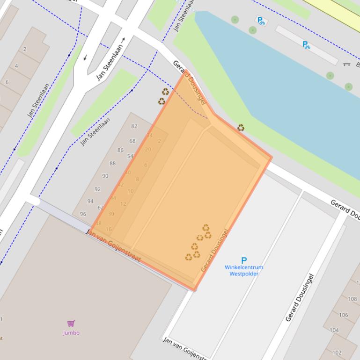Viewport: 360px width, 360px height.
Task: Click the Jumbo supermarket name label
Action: (71, 333)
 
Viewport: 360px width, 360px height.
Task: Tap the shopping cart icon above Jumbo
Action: (71, 324)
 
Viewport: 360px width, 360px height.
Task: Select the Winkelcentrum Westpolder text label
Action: (243, 271)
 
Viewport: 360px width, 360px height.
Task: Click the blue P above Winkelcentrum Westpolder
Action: (243, 260)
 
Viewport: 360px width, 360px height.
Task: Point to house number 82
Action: (134, 126)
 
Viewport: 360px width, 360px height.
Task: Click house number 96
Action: (83, 214)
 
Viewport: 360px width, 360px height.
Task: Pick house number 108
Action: (352, 299)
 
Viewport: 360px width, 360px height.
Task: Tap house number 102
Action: (337, 353)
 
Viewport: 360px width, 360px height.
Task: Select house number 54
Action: (130, 156)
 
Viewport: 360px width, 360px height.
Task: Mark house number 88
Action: (112, 164)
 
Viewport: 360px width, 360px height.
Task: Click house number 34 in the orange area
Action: (150, 136)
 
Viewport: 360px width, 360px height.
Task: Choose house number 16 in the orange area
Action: (109, 230)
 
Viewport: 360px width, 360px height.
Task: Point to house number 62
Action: (100, 208)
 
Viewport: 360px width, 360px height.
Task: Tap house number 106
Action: (344, 315)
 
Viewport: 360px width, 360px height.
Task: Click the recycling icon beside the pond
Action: (241, 128)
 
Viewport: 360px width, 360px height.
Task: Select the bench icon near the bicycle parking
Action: (347, 64)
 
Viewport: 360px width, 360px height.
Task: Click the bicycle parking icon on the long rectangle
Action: (306, 45)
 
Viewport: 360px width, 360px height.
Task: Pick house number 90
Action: (105, 176)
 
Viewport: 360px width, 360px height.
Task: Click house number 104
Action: (334, 330)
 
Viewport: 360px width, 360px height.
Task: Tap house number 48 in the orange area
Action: (98, 223)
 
